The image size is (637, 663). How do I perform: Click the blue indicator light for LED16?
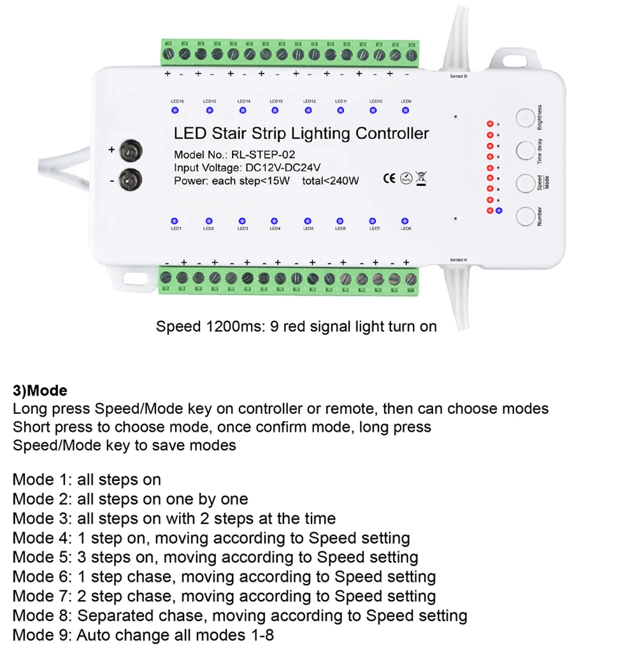pyautogui.click(x=175, y=110)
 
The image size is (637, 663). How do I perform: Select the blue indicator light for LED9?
pyautogui.click(x=405, y=110)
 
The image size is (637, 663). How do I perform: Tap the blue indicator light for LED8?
pyautogui.click(x=405, y=220)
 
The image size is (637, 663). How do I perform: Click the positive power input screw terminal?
pyautogui.click(x=132, y=150)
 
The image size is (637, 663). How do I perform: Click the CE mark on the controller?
pyautogui.click(x=389, y=178)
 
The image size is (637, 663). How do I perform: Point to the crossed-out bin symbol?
pyautogui.click(x=420, y=178)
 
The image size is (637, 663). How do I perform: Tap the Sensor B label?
pyautogui.click(x=459, y=76)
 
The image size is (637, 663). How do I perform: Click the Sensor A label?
pyautogui.click(x=459, y=260)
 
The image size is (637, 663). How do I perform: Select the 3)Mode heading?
pyautogui.click(x=39, y=390)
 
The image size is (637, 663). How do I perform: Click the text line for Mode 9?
pyautogui.click(x=143, y=635)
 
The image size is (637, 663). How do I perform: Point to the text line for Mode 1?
pyautogui.click(x=87, y=480)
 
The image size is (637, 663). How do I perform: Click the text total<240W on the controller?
pyautogui.click(x=331, y=180)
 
